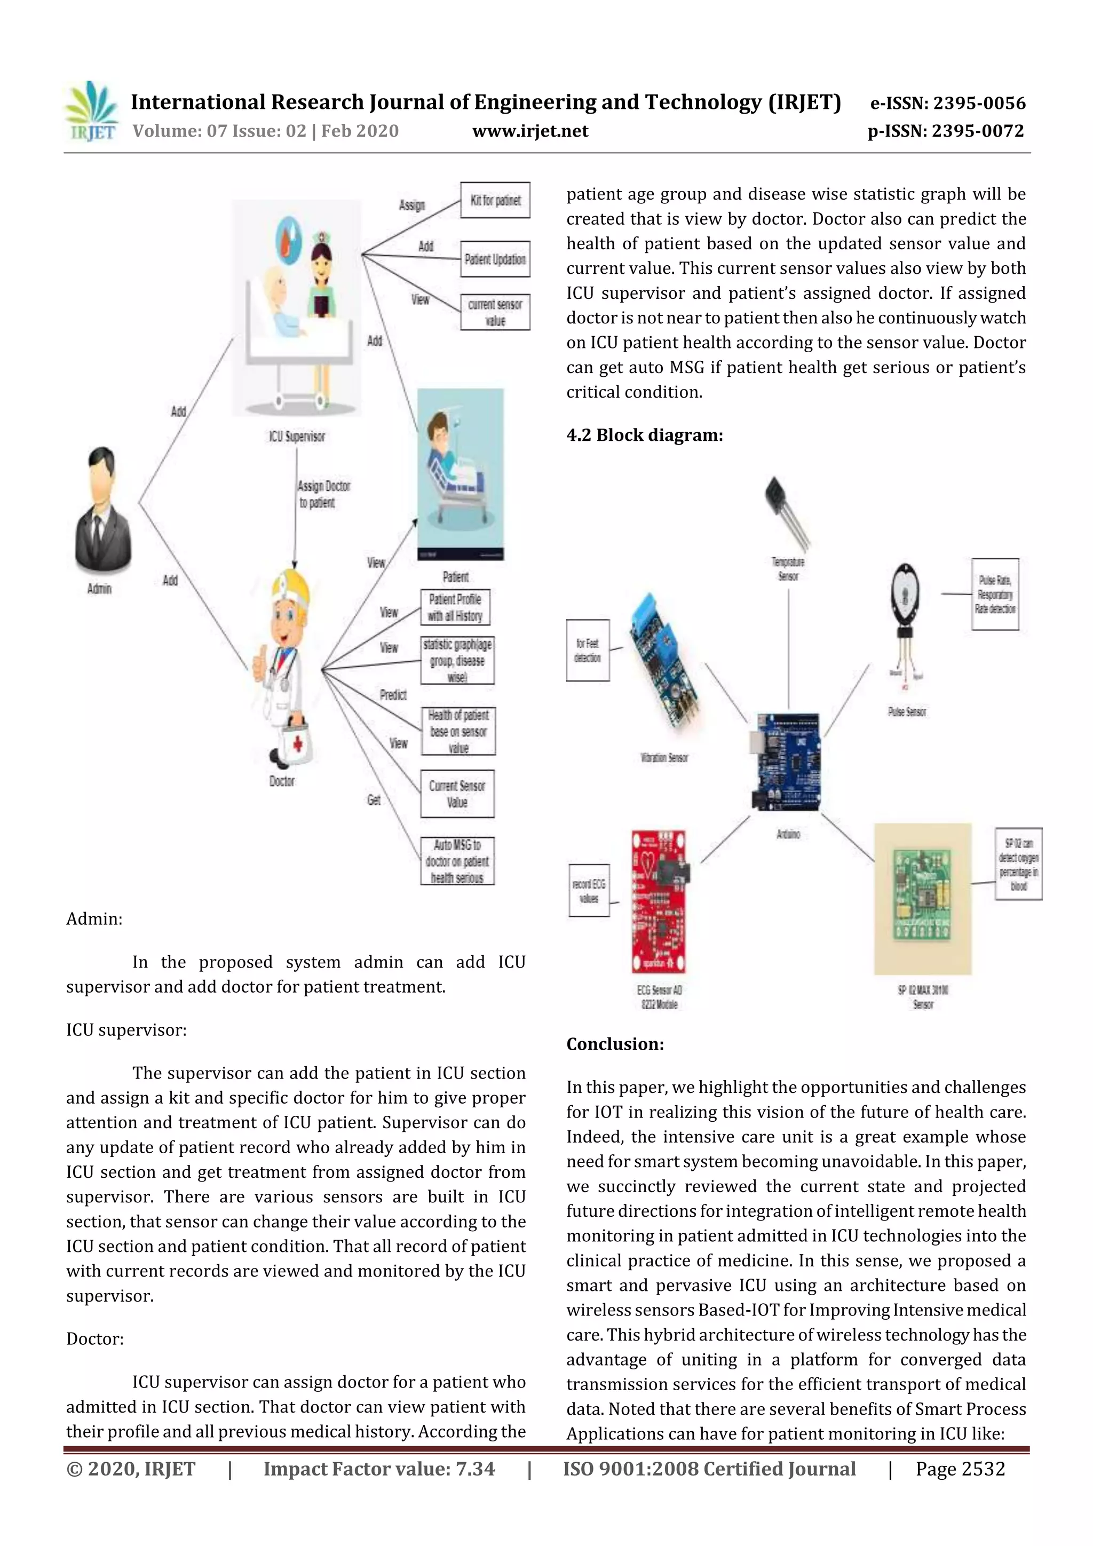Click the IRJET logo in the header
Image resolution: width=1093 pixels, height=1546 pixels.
pyautogui.click(x=92, y=112)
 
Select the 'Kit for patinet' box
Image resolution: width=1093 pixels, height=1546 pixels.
pyautogui.click(x=495, y=200)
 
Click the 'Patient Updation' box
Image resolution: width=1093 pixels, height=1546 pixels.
pyautogui.click(x=495, y=259)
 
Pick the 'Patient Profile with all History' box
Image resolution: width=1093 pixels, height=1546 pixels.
pyautogui.click(x=455, y=607)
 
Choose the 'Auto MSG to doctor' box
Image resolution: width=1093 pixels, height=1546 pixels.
pyautogui.click(x=457, y=861)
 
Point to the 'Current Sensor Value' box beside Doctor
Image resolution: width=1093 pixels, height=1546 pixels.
pyautogui.click(x=457, y=794)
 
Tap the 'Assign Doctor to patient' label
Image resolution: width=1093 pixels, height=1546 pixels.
pyautogui.click(x=324, y=494)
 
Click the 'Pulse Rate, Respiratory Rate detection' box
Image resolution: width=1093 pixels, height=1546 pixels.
pyautogui.click(x=995, y=594)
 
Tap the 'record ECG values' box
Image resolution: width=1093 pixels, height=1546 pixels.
pyautogui.click(x=589, y=890)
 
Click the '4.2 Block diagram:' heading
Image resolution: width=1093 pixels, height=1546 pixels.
pyautogui.click(x=645, y=435)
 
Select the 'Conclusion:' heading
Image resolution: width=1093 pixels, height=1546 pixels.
pyautogui.click(x=615, y=1044)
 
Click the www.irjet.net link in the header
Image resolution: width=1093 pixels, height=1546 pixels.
pyautogui.click(x=530, y=131)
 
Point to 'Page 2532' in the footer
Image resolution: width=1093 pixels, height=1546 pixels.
pyautogui.click(x=960, y=1469)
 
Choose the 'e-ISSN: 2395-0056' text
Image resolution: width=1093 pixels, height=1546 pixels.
pyautogui.click(x=947, y=103)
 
